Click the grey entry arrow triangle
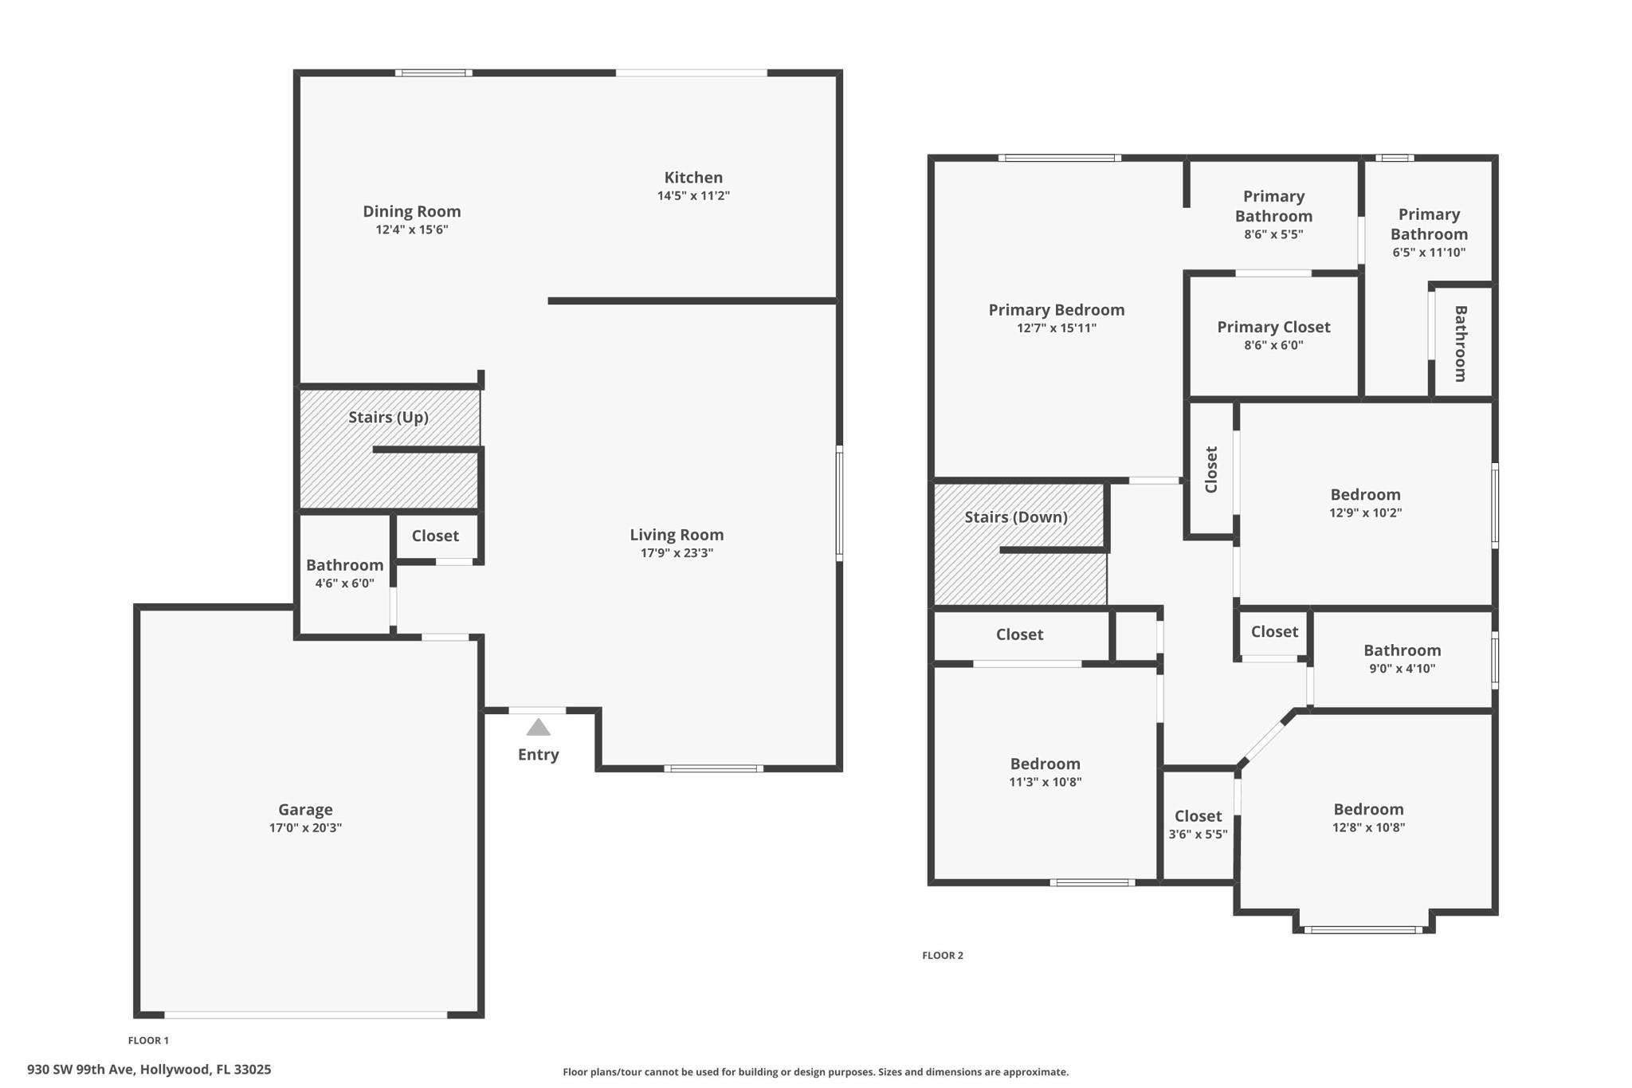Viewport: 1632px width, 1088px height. pos(539,727)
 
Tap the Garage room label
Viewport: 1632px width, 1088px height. pos(305,810)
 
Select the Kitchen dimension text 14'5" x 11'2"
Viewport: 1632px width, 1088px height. pos(693,195)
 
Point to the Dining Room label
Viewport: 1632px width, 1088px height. pos(412,211)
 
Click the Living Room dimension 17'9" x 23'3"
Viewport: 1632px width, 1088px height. pos(677,553)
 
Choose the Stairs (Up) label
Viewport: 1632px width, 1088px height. pos(389,417)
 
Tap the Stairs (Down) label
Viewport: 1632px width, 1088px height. pos(1016,517)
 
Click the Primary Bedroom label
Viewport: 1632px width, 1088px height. pos(1057,310)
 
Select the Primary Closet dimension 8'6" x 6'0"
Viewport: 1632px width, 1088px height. pos(1273,345)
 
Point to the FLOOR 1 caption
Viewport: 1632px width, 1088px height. pos(148,1040)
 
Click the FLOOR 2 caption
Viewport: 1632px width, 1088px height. pos(943,956)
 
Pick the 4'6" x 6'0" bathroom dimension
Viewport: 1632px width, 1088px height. pos(344,583)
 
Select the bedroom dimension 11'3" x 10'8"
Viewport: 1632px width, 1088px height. pos(1045,782)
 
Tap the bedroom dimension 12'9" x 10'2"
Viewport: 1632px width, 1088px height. pos(1365,513)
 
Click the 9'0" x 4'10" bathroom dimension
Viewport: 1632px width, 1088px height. pos(1402,669)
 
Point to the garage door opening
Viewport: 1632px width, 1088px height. pos(306,1015)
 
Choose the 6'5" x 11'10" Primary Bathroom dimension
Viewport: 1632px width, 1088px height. pos(1429,253)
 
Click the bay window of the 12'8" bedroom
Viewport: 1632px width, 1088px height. pos(1363,929)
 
